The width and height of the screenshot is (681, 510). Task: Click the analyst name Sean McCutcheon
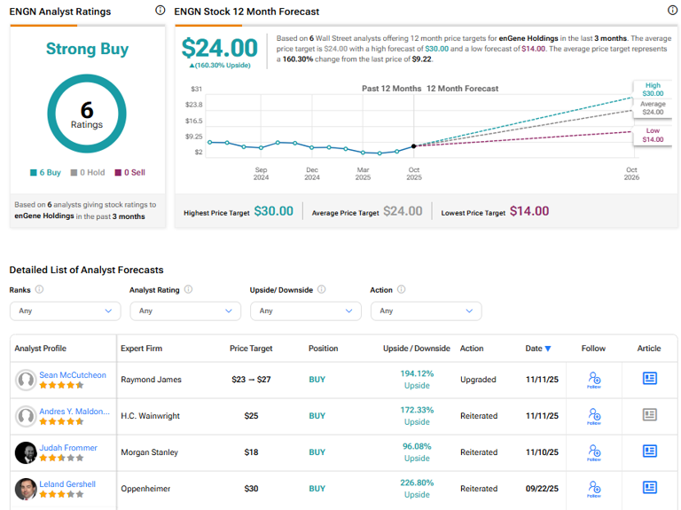(73, 375)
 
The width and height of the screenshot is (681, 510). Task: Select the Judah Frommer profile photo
(26, 452)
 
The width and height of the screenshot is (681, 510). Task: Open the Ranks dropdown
(65, 310)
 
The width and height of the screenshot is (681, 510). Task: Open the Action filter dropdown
(426, 310)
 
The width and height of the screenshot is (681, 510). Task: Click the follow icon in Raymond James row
(594, 379)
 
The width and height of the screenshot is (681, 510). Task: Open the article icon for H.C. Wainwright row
(650, 415)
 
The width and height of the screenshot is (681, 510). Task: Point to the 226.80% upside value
(417, 483)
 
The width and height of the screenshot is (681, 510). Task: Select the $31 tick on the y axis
(196, 89)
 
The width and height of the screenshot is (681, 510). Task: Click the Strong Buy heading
(87, 50)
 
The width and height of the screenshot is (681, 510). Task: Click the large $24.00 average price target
(219, 48)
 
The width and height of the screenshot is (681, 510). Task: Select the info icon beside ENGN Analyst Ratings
(160, 11)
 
